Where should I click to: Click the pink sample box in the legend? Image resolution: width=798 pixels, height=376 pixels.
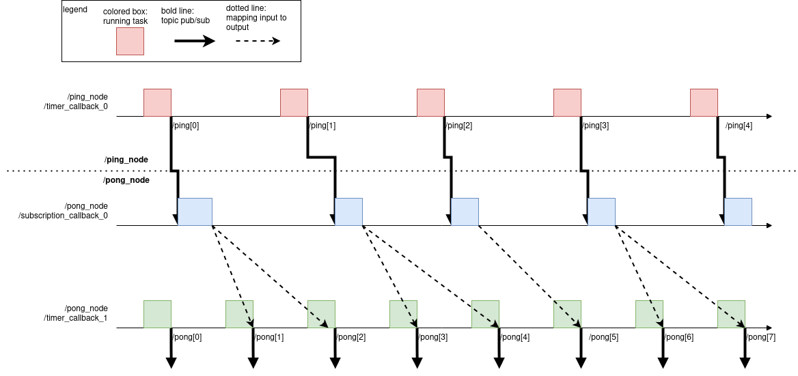(130, 41)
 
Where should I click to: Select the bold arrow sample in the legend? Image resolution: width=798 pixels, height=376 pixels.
(195, 41)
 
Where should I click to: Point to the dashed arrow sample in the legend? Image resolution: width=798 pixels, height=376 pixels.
(257, 41)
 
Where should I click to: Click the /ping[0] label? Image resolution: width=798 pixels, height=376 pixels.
(186, 126)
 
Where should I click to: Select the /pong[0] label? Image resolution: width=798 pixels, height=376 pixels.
(187, 337)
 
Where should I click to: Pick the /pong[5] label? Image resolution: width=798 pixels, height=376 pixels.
(603, 337)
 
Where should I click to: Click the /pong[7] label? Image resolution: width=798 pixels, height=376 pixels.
(761, 337)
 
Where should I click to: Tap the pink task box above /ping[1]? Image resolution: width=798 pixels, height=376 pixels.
(294, 102)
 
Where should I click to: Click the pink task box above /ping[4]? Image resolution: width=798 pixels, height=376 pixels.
(704, 102)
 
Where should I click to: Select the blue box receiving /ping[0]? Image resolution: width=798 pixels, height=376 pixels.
(195, 212)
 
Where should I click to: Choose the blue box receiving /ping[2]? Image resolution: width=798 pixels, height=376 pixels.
(465, 212)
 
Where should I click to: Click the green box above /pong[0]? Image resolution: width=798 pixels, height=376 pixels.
(157, 314)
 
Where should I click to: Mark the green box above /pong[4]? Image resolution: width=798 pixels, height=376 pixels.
(485, 314)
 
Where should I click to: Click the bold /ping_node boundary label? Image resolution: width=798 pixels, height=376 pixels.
(126, 160)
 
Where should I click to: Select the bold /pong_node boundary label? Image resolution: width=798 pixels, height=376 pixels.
(126, 180)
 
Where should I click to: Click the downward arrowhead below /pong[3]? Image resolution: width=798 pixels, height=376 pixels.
(417, 362)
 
